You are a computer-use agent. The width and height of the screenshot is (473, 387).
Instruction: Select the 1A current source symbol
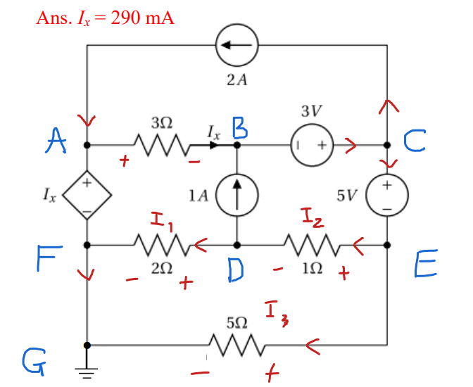tap(237, 193)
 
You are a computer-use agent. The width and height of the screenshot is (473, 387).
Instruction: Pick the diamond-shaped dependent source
tap(86, 193)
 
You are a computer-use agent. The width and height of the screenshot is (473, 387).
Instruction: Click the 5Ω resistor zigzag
tap(237, 345)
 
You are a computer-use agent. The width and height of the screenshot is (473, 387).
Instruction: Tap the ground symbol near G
tap(87, 371)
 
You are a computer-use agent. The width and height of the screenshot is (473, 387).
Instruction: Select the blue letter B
tap(239, 129)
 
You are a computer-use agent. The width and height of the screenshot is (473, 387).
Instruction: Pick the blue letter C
tap(415, 143)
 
